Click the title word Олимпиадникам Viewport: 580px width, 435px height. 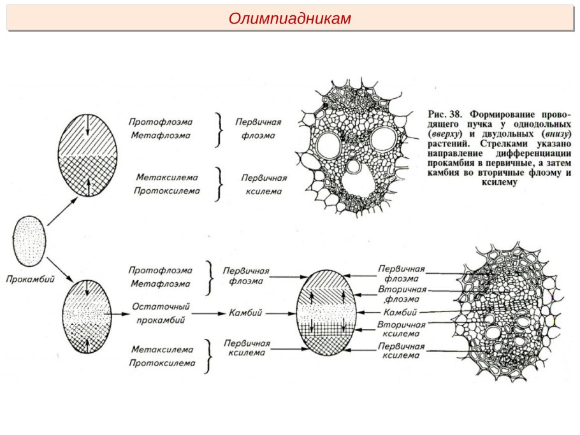[290, 18]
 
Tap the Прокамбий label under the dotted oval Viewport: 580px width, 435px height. [29, 279]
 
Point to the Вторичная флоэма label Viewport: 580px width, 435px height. [401, 294]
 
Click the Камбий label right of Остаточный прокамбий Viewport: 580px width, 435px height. [245, 313]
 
